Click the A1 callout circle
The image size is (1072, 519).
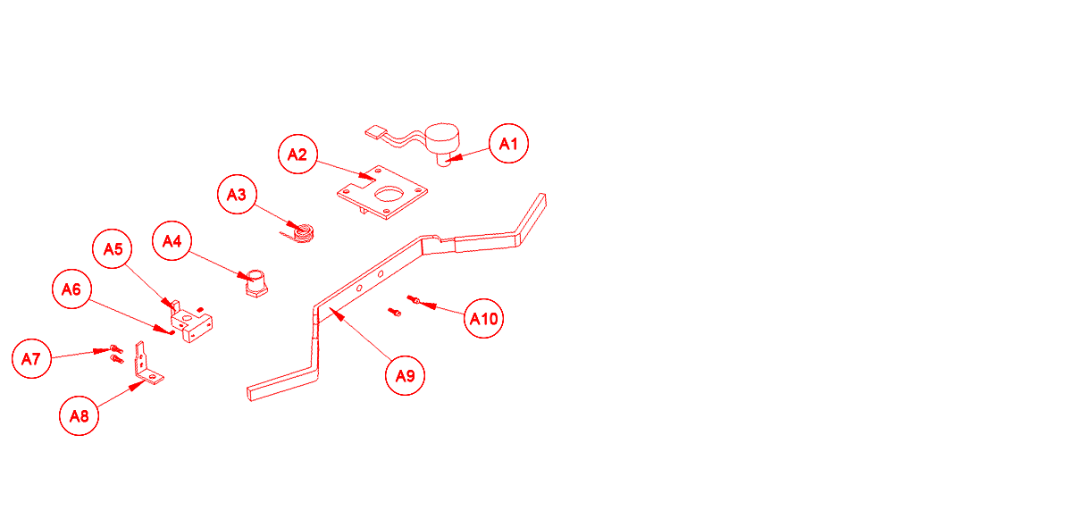coord(508,144)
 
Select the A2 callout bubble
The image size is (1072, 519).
coord(297,154)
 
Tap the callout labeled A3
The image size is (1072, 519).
coord(237,194)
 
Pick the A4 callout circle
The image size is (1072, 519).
coord(172,240)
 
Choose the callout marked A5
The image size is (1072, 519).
coord(113,248)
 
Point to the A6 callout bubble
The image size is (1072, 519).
coord(71,289)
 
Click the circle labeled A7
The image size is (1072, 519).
coord(31,359)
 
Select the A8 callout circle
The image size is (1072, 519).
coord(79,415)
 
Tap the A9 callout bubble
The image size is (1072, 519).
coord(405,375)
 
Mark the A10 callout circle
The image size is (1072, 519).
coord(484,319)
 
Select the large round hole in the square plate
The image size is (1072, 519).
coord(389,194)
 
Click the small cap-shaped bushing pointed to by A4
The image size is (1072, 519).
coord(256,283)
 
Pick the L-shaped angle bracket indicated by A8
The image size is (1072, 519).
coord(148,366)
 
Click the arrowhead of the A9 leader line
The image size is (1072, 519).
coord(337,314)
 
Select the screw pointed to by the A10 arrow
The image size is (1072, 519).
coord(413,299)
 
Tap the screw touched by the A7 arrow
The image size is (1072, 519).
coord(116,348)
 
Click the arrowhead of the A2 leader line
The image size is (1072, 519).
coord(367,177)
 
